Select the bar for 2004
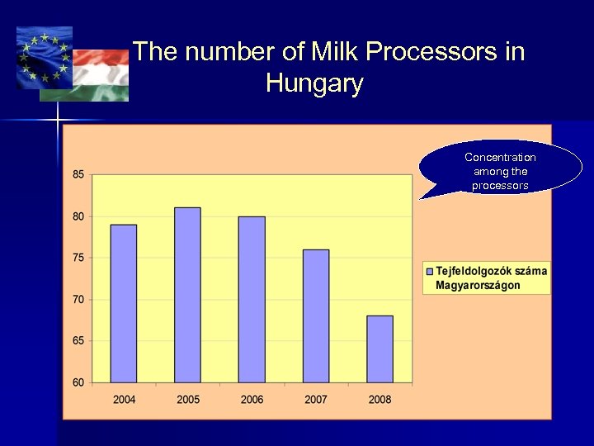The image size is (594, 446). (x=124, y=303)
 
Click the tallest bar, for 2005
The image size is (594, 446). (x=187, y=295)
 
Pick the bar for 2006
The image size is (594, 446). (x=252, y=299)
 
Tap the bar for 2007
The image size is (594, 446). (x=315, y=316)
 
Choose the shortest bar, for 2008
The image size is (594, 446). (x=379, y=349)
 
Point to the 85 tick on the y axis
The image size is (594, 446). (x=78, y=174)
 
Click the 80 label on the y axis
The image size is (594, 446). (x=78, y=216)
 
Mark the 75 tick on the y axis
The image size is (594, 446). (x=78, y=258)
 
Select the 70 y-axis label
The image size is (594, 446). (x=78, y=299)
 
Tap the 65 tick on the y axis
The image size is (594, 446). (x=78, y=340)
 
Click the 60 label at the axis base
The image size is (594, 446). (x=78, y=382)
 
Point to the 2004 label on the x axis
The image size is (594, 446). (x=124, y=400)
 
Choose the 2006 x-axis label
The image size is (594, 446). (x=252, y=400)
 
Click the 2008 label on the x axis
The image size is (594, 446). (x=379, y=400)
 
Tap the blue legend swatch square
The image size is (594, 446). (x=429, y=271)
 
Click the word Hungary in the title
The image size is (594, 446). (x=314, y=83)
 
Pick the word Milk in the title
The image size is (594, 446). (x=335, y=52)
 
